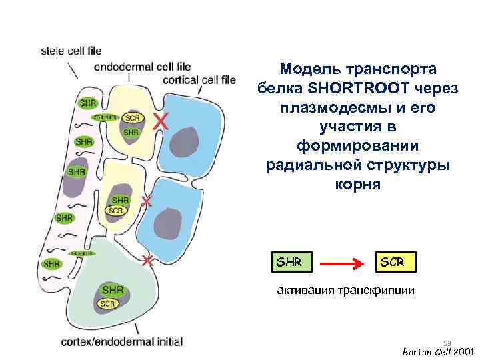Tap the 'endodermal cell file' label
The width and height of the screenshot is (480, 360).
(143, 67)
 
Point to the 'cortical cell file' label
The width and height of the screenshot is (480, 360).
(200, 80)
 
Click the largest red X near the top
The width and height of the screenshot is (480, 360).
(159, 121)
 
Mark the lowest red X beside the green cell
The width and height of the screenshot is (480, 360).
(148, 260)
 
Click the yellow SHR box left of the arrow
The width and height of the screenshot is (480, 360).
(290, 262)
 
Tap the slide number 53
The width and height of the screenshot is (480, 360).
(447, 343)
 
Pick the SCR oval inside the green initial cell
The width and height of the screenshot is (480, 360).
(107, 304)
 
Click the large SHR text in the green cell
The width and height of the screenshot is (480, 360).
(113, 290)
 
